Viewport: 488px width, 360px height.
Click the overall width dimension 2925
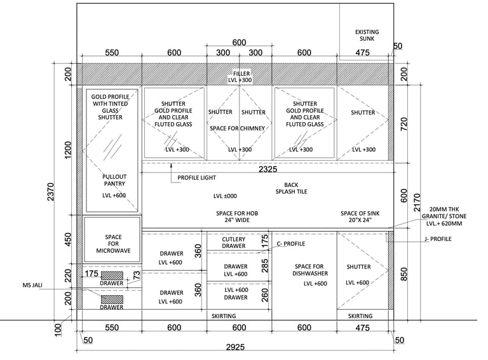point(238,347)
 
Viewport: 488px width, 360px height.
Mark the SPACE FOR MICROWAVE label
point(113,244)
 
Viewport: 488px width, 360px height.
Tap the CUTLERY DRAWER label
point(234,242)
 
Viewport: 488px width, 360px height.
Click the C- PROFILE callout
point(291,244)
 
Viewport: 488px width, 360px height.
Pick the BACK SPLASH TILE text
point(292,188)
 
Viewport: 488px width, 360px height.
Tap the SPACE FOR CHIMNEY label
point(238,128)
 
